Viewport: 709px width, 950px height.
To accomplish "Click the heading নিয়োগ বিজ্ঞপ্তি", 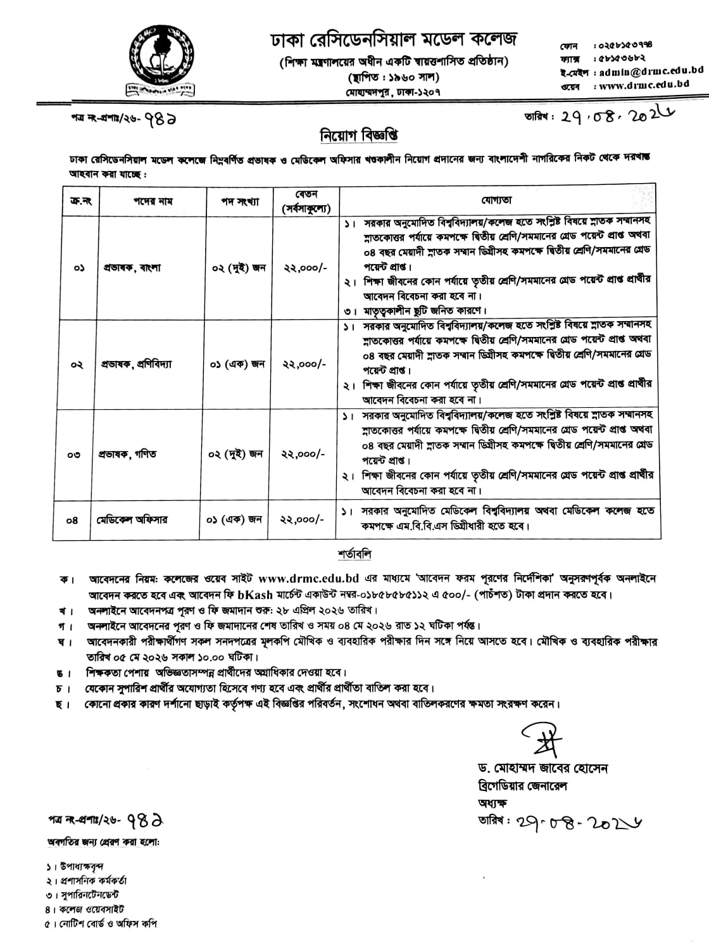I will point(358,136).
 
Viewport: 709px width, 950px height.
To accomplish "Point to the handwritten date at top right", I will point(605,117).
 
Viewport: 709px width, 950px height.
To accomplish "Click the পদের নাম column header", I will point(153,201).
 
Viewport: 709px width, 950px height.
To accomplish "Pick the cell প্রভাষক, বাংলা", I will point(132,268).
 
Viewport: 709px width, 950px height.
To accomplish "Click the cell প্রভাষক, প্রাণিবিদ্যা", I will point(137,365).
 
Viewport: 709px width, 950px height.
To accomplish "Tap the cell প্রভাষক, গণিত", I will point(130,455).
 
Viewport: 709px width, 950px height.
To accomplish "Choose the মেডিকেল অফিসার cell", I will point(132,520).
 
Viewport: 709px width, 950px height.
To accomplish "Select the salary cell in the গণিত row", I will point(304,455).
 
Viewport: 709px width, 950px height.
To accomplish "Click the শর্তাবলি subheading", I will point(354,555).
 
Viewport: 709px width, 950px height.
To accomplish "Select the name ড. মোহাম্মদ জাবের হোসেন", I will point(543,769).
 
